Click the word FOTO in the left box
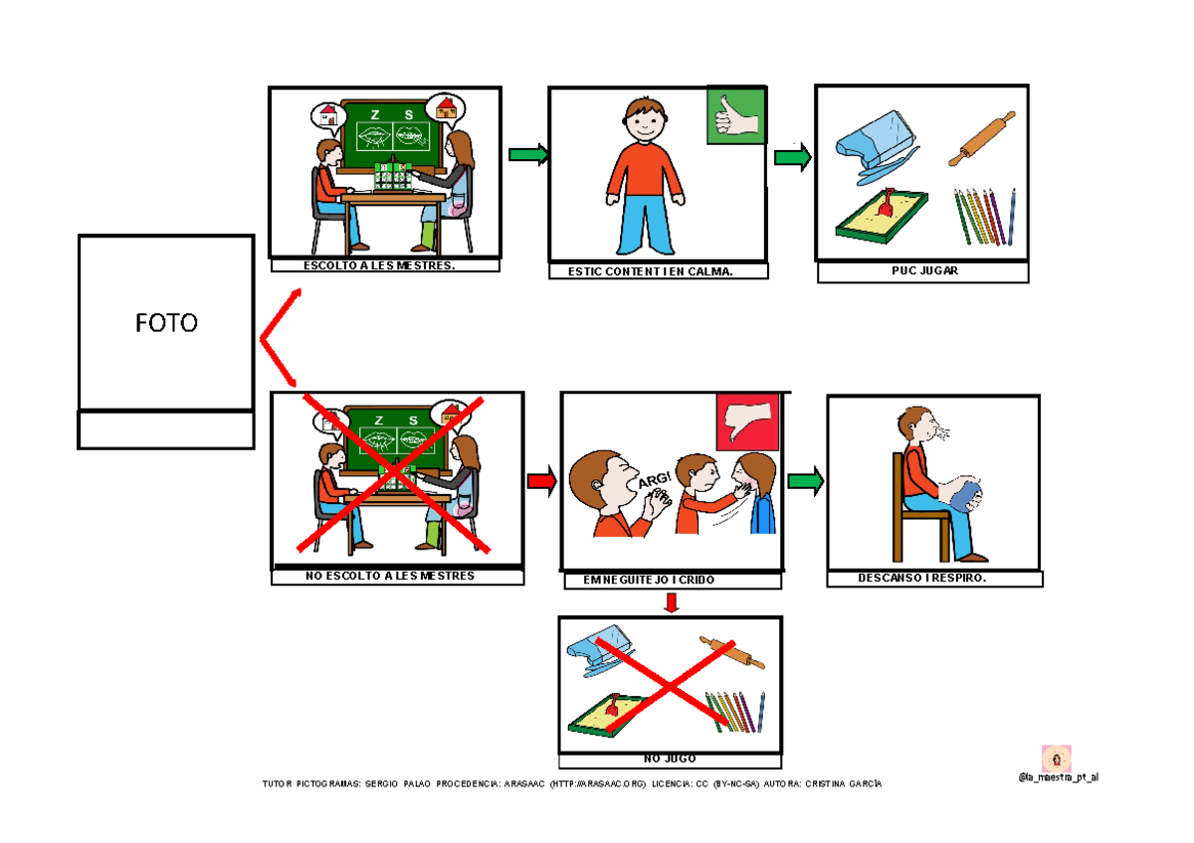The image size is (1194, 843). [166, 323]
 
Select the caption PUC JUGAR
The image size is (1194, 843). [922, 271]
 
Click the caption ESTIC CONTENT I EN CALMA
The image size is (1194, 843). [658, 271]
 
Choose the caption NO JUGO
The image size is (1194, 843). [670, 759]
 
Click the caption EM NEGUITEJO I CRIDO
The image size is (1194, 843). [668, 581]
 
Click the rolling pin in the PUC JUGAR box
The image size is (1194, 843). [981, 138]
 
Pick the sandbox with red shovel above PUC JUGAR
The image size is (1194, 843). [883, 216]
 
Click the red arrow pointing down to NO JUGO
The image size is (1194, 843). [672, 602]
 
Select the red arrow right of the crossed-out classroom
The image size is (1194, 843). [540, 481]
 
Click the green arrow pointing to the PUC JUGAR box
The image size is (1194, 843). [792, 157]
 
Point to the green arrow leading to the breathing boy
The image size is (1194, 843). [805, 481]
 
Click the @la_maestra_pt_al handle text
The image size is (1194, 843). [1059, 777]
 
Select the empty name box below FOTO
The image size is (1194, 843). [166, 430]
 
